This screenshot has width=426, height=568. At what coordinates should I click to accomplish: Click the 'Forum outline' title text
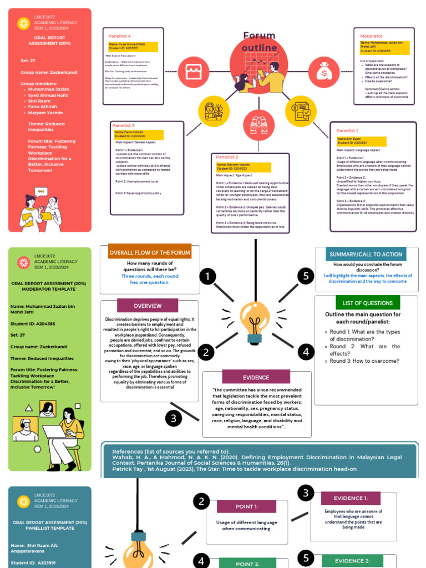pos(259,42)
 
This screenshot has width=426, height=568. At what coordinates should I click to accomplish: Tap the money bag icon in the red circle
pos(324,70)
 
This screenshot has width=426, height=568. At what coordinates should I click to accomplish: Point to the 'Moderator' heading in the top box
pos(371,36)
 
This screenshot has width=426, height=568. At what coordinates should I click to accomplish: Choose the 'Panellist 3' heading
pos(124,125)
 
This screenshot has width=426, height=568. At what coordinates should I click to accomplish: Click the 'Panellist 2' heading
pos(227,157)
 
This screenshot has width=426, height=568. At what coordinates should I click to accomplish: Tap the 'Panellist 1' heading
pos(347,130)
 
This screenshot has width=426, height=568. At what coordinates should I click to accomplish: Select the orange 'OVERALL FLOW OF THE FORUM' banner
pos(150,252)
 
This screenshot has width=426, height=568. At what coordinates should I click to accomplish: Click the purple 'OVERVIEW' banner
pos(148,306)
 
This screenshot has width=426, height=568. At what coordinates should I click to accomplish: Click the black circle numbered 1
pos(207,276)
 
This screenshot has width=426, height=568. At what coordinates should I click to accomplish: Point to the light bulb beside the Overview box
pos(255,322)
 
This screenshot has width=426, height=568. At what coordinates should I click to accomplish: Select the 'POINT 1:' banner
pos(246,506)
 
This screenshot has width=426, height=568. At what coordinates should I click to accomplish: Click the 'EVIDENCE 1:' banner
pos(351,498)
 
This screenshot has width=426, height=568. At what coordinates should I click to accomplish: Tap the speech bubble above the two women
pos(41,191)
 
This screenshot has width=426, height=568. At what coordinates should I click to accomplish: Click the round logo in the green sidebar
pos(23,262)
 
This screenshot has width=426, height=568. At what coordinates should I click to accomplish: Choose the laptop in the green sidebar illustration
pos(57,432)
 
